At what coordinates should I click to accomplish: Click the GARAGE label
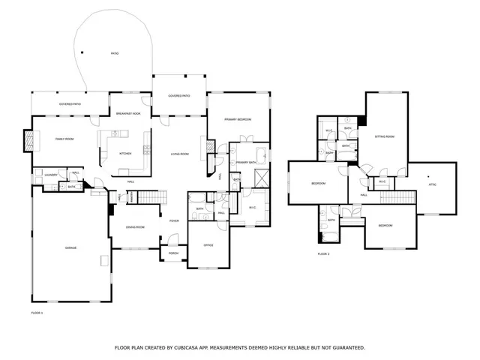[70, 247]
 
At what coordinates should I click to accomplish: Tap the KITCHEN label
[125, 154]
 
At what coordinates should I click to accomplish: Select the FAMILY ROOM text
[64, 139]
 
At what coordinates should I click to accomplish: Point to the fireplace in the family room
[29, 140]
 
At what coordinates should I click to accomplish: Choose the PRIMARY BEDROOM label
[237, 119]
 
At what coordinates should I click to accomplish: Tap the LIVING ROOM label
[178, 154]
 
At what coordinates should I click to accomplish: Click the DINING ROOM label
[135, 227]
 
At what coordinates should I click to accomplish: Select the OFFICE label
[209, 245]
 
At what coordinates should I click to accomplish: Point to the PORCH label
[173, 253]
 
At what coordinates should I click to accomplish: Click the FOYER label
[173, 221]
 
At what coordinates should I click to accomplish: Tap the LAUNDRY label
[51, 175]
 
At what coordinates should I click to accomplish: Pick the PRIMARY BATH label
[247, 162]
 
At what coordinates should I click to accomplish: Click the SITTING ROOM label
[385, 136]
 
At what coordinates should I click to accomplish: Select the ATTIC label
[432, 184]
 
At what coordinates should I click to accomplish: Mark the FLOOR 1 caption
[37, 312]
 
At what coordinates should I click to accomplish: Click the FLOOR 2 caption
[324, 254]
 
